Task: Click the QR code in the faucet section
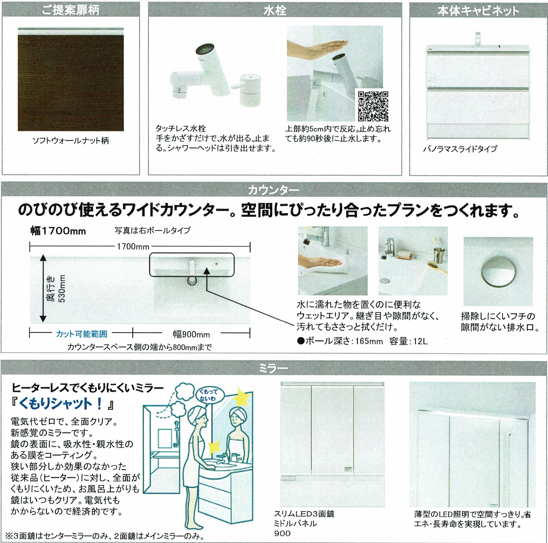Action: point(373,106)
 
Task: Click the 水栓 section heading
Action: point(275,10)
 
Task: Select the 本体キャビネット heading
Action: point(478,11)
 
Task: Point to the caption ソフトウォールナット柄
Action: point(71,141)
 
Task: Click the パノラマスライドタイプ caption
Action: point(460,149)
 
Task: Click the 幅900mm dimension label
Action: point(191,334)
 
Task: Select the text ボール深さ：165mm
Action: point(340,341)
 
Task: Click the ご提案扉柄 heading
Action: point(71,10)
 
